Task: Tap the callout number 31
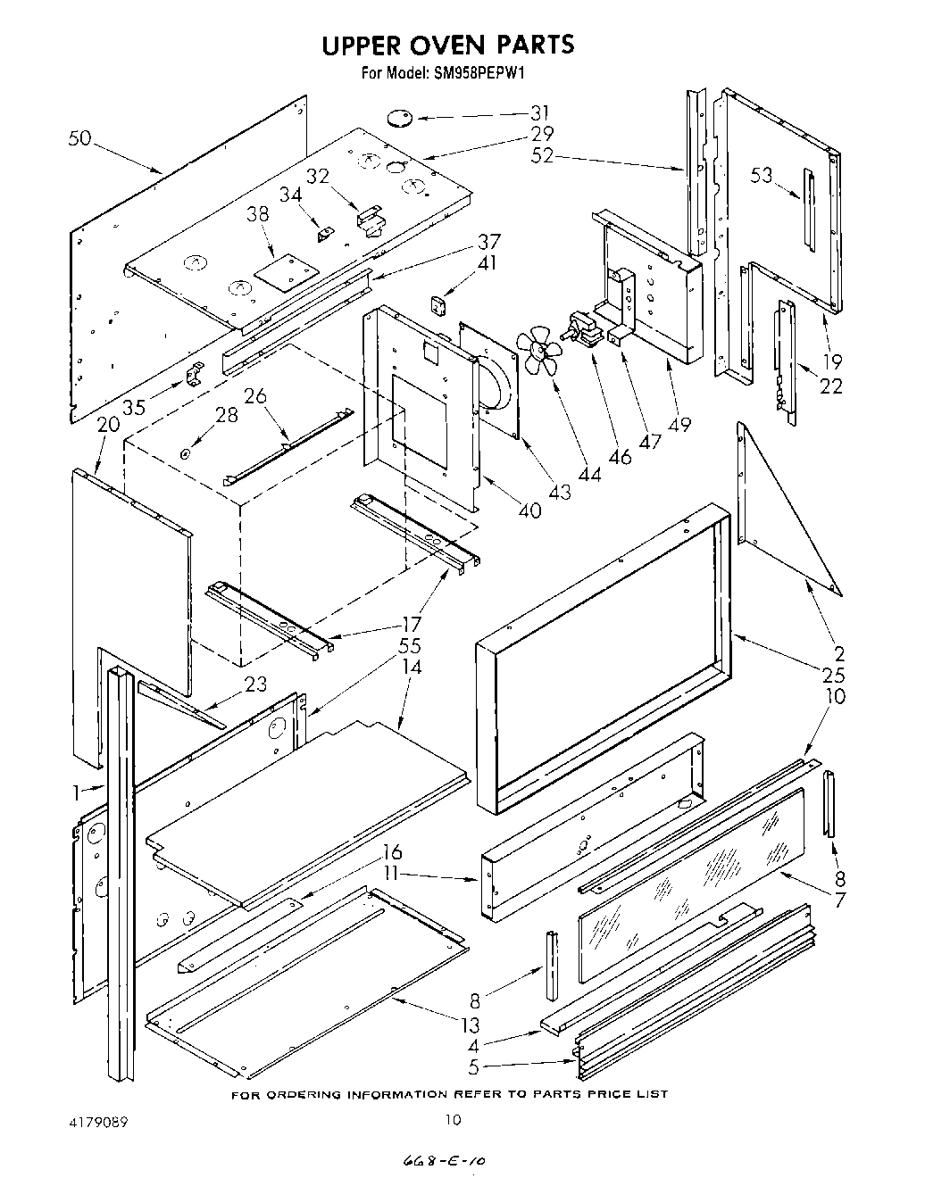pos(540,113)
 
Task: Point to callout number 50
pos(79,139)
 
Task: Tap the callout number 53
pos(761,176)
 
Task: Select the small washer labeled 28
pos(185,454)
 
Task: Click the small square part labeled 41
pos(438,305)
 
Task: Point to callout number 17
pos(412,626)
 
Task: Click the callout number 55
pos(410,646)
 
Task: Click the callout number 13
pos(471,1025)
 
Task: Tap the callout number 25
pos(837,675)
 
